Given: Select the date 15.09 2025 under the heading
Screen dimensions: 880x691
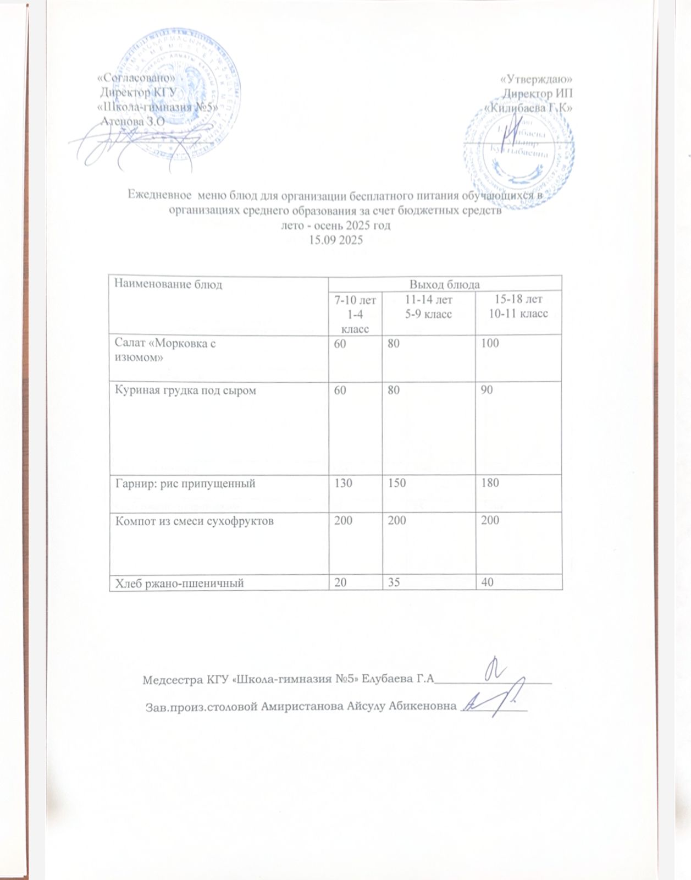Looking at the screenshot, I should [x=336, y=240].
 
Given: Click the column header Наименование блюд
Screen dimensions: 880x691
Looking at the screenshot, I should [x=168, y=284].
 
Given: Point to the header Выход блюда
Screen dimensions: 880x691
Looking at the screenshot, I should [x=445, y=284].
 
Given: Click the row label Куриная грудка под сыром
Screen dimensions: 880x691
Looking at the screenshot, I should [x=185, y=391].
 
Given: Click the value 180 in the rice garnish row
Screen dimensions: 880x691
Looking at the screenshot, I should [x=489, y=483].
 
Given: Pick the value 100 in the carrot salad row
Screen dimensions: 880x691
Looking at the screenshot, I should [x=489, y=343].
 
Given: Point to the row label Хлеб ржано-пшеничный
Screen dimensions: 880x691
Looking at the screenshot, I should [x=179, y=583].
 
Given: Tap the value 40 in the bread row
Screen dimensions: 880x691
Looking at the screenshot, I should [x=487, y=583].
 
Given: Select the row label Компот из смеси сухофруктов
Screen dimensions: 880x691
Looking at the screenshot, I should [x=194, y=520].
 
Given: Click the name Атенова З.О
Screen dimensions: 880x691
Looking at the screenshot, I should [x=130, y=122].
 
